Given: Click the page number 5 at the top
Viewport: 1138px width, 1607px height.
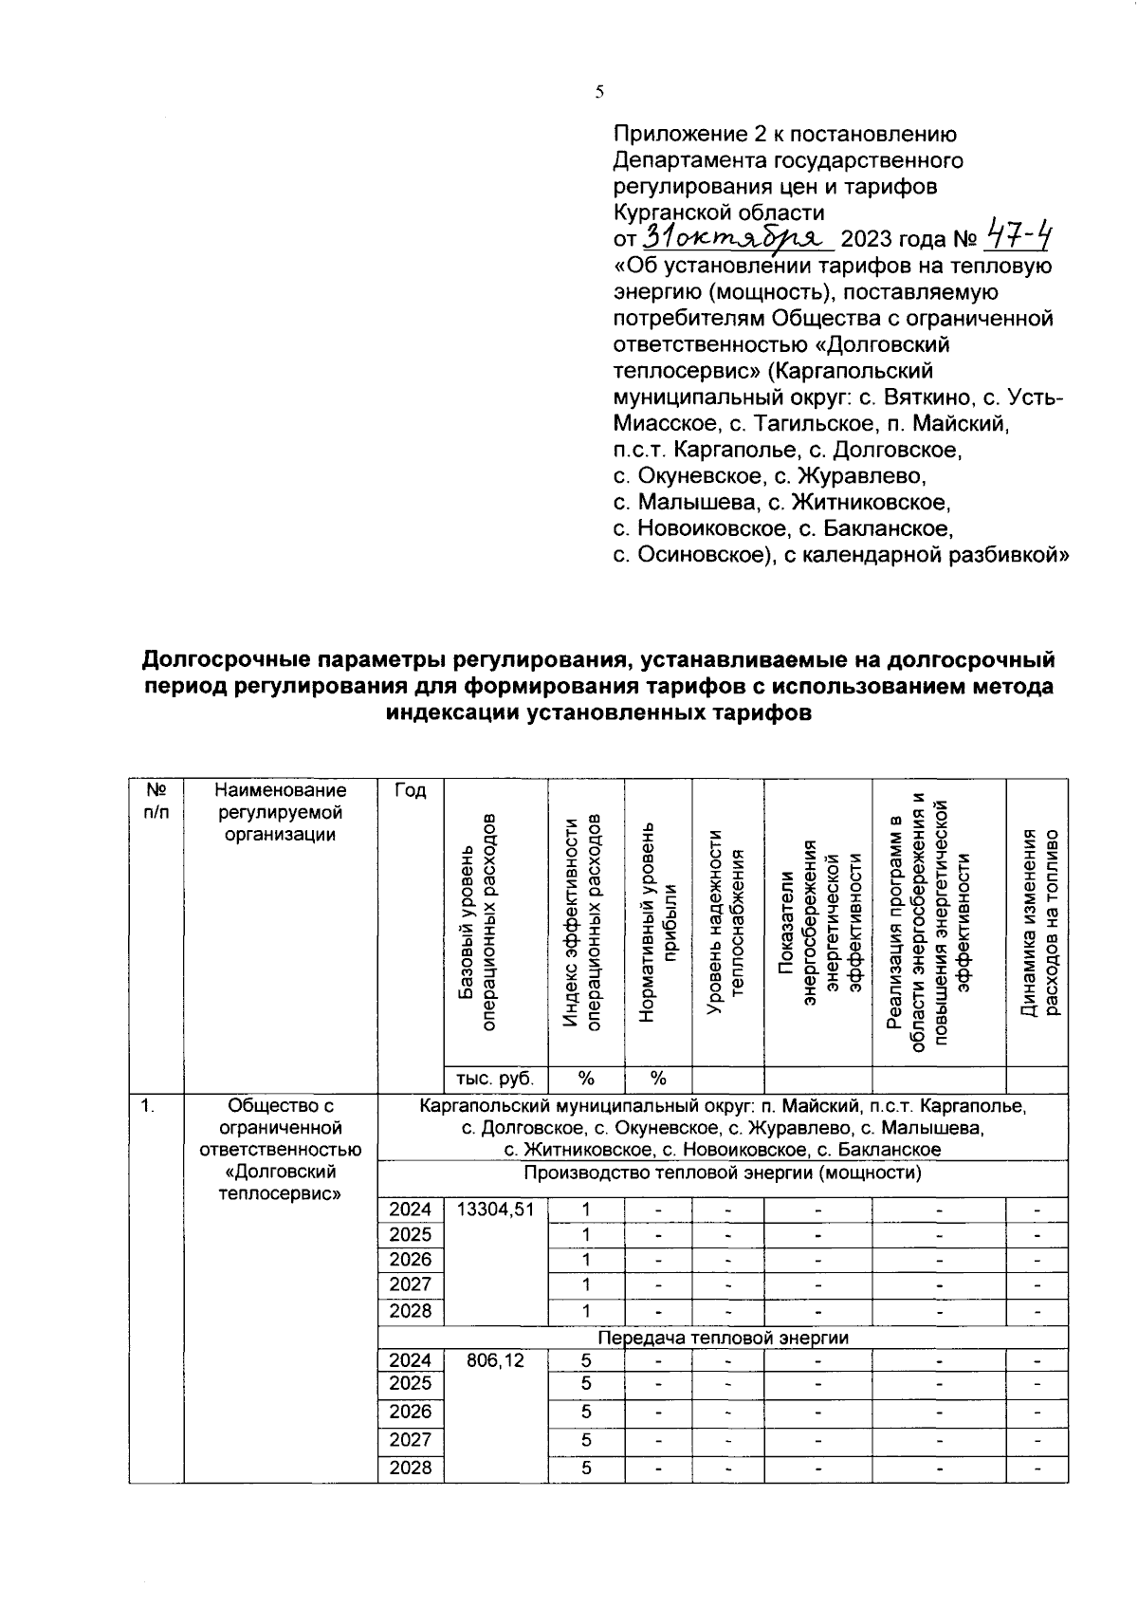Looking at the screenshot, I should coord(599,92).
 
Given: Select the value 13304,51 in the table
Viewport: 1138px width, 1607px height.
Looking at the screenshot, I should coord(495,1210).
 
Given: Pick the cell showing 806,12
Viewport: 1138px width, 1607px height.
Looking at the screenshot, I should coord(495,1359).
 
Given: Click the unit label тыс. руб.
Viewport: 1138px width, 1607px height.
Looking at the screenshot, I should coord(495,1079).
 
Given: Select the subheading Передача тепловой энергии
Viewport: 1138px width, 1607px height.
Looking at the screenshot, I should coord(722,1338).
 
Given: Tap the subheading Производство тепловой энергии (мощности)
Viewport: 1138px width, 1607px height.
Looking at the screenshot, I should coord(722,1173).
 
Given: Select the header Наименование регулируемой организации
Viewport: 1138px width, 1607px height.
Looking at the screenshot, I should coord(280,812).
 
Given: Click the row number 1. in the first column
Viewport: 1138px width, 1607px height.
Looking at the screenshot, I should coord(147,1105).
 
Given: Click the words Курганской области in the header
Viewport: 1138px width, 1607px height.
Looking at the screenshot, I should coord(719,212).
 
